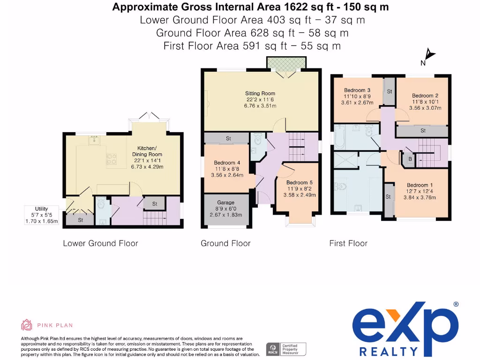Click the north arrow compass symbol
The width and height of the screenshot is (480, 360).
[428, 57]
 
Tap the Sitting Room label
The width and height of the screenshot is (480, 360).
[260, 93]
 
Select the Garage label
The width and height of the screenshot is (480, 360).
[225, 202]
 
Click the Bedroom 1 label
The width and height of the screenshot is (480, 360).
[420, 185]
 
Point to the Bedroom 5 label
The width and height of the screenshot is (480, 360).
[300, 182]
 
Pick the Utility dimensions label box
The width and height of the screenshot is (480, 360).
[41, 215]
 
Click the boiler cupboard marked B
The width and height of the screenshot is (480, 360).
[410, 159]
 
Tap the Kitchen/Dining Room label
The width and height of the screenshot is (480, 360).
[147, 151]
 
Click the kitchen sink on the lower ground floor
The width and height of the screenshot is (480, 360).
[94, 140]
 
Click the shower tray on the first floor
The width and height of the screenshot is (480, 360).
[346, 160]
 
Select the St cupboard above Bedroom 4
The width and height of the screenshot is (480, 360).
[226, 138]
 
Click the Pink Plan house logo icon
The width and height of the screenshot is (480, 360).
[27, 325]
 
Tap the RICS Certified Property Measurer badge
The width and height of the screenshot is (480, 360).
[286, 349]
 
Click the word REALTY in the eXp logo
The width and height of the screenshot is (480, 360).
[389, 352]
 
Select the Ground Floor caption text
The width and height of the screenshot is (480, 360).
[225, 243]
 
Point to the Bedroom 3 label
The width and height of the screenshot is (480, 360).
[357, 90]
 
